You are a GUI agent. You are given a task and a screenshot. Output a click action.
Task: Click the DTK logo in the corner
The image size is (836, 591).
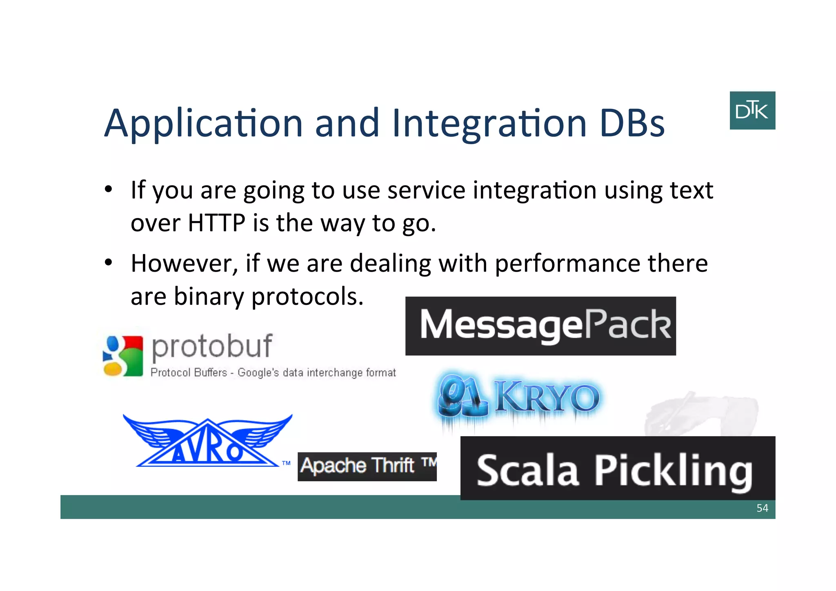752,110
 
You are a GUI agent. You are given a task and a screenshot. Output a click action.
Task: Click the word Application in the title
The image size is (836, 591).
203,124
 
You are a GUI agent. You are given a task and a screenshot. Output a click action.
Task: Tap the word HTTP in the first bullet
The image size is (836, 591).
216,223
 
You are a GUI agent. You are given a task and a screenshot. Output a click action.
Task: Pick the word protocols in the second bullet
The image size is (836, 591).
307,297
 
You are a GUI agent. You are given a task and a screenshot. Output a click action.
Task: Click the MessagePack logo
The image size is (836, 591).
540,326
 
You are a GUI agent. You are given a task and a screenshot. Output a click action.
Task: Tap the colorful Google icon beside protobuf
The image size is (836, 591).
123,356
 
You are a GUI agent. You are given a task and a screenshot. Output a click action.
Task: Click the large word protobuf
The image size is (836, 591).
211,346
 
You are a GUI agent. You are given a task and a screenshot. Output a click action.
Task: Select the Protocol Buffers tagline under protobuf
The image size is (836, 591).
273,372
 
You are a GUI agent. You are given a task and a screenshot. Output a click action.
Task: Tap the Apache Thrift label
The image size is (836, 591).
367,466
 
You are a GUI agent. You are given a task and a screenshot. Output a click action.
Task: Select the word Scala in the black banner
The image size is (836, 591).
527,471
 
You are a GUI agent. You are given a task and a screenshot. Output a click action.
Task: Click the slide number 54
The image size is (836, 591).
762,508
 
